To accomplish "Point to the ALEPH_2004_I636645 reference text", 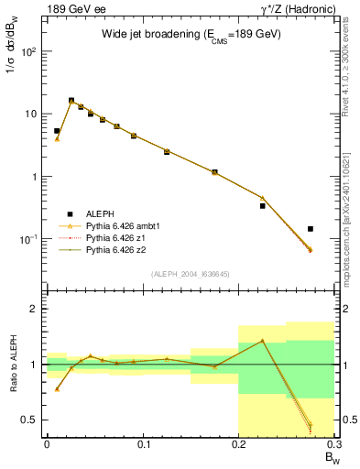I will point(190,274).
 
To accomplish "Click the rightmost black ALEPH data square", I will point(311,229).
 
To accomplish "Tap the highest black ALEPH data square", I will point(71,101).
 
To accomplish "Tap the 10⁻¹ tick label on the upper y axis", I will point(27,239).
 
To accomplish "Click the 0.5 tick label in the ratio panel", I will point(30,420).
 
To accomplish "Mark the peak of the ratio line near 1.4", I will point(262,341).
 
